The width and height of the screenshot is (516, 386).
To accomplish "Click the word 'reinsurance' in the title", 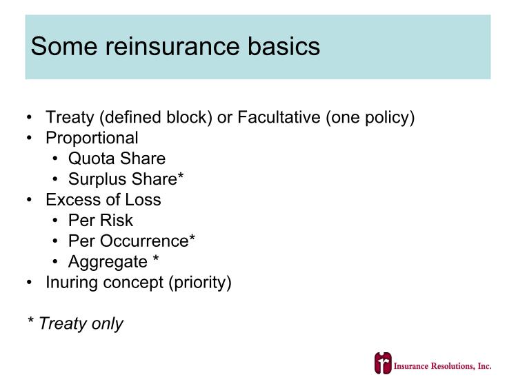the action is tap(172, 46).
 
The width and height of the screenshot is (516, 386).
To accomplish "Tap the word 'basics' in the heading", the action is tap(284, 45).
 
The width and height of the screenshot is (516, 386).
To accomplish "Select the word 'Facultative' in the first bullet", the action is tap(279, 117).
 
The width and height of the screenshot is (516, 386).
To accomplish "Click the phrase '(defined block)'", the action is tap(156, 118).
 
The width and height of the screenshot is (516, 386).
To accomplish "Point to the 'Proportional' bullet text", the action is tap(92, 138).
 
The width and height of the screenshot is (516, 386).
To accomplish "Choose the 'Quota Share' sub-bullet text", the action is tap(117, 159).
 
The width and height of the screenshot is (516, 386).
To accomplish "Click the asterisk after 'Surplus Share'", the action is tap(180, 176).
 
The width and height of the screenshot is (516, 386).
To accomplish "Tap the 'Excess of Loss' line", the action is tap(103, 200).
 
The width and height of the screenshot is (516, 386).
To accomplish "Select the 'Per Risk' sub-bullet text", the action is tap(101, 221).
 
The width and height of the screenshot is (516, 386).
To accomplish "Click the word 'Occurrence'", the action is tap(144, 241).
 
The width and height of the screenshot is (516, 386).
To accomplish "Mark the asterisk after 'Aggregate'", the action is tap(156, 258).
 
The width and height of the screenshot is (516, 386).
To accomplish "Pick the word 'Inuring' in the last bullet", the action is tap(72, 283).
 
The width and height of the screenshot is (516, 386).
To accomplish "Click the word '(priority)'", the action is tap(200, 283).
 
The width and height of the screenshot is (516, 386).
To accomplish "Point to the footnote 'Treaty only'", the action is tap(81, 323).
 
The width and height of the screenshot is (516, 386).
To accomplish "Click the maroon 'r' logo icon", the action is tap(383, 363).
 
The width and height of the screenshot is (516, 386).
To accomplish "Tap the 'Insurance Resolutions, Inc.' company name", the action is tap(443, 366).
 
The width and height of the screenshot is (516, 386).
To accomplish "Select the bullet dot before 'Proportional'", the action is tap(29, 138).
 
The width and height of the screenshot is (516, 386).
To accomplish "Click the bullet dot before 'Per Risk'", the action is tap(55, 221).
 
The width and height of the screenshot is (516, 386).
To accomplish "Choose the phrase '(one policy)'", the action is tap(370, 118).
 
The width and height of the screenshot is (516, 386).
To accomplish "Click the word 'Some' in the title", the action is tap(64, 46).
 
